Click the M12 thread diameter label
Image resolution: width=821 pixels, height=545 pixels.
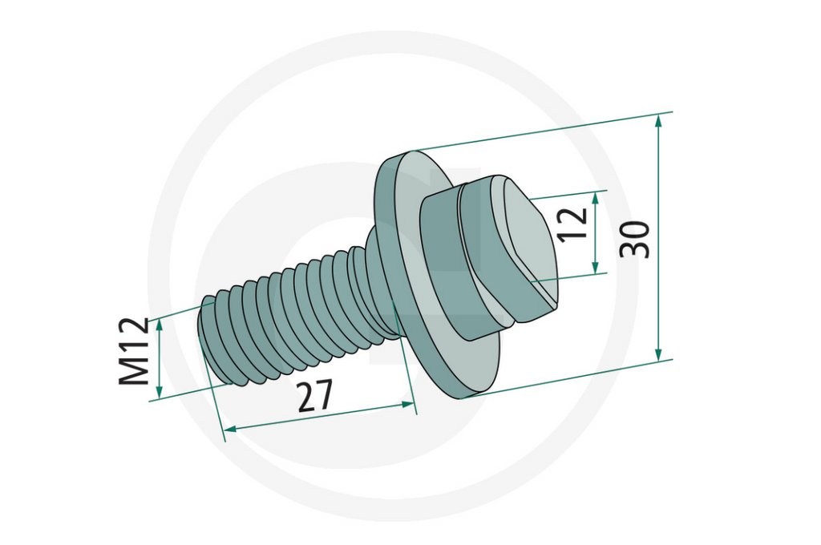click(x=134, y=351)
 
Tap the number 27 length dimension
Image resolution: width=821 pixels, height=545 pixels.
click(x=314, y=396)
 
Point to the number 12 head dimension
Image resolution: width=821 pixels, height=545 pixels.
click(x=574, y=225)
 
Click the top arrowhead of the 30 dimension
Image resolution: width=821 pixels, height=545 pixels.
click(x=659, y=121)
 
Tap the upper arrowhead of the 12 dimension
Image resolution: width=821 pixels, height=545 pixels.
click(x=596, y=196)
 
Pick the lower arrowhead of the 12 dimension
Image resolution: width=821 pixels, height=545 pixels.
click(x=596, y=268)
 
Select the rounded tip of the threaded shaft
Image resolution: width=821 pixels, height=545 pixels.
click(x=210, y=337)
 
